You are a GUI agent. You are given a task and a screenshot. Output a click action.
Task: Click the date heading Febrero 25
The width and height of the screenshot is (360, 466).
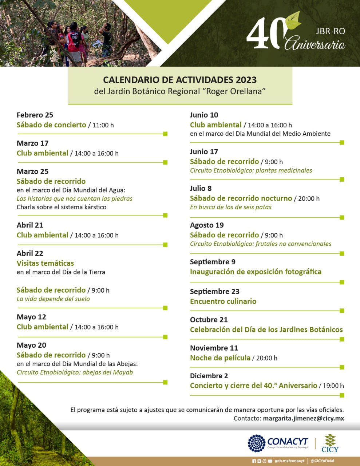(x=35, y=115)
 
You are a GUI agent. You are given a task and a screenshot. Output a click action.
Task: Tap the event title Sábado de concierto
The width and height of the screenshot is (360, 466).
(x=51, y=125)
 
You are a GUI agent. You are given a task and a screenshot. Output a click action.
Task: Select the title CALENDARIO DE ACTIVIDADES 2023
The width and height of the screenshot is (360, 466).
(x=180, y=80)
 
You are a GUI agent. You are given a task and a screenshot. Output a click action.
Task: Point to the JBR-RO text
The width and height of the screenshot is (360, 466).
(x=331, y=31)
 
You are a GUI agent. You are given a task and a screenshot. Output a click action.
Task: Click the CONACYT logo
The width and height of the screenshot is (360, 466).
(x=278, y=443)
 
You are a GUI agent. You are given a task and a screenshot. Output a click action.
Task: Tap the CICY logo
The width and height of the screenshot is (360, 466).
(x=330, y=443)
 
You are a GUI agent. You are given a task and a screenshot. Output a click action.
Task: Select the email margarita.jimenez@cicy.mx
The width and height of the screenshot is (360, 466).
(x=303, y=418)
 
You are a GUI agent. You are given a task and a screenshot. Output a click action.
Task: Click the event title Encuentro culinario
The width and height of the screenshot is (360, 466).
(x=223, y=301)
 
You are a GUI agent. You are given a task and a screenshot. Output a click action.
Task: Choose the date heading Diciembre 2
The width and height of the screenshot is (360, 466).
(x=209, y=376)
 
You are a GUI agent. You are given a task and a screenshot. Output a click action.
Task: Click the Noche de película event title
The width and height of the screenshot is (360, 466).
(x=220, y=358)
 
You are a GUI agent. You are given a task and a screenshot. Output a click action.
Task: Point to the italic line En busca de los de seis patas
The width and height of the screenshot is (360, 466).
(x=231, y=207)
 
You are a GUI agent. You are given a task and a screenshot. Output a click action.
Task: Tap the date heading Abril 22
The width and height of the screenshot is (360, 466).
(x=30, y=253)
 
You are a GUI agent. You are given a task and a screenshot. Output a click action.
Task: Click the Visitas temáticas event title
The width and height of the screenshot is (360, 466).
(x=45, y=263)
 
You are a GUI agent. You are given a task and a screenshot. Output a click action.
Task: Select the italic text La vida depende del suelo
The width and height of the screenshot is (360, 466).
(x=53, y=299)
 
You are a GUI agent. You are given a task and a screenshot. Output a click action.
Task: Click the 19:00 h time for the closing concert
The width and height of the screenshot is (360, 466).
(x=333, y=386)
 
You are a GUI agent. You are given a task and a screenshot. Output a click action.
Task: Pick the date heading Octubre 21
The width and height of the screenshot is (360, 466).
(x=209, y=320)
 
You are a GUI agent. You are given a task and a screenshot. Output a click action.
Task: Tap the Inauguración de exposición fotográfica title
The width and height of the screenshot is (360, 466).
(x=256, y=272)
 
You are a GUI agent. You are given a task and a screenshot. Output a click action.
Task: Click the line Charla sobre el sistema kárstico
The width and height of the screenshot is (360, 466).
(x=62, y=207)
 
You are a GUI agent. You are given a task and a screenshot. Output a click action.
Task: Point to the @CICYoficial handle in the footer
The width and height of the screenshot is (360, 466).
(x=322, y=461)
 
